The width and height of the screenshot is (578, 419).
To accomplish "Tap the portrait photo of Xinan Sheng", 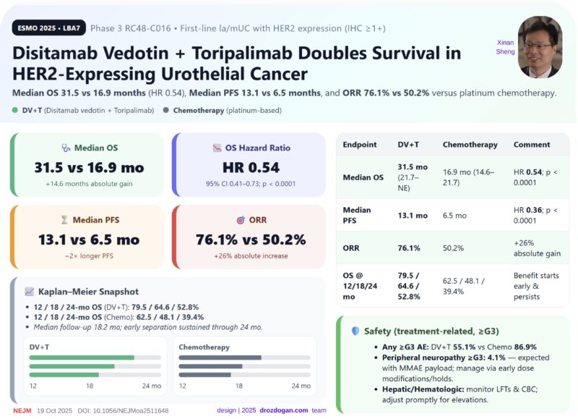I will tap(540, 46).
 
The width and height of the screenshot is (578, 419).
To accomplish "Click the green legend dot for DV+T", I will tap(16, 111).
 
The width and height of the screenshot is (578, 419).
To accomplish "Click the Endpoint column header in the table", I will tap(361, 145).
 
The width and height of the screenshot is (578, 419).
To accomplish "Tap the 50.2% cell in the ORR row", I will tap(454, 247).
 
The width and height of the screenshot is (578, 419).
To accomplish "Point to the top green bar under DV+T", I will tap(82, 357).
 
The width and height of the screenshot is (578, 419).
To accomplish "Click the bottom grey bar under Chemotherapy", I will tap(210, 374).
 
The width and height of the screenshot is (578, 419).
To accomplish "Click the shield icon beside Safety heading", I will tap(355, 331).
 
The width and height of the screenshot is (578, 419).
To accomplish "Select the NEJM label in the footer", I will tap(23, 410).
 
